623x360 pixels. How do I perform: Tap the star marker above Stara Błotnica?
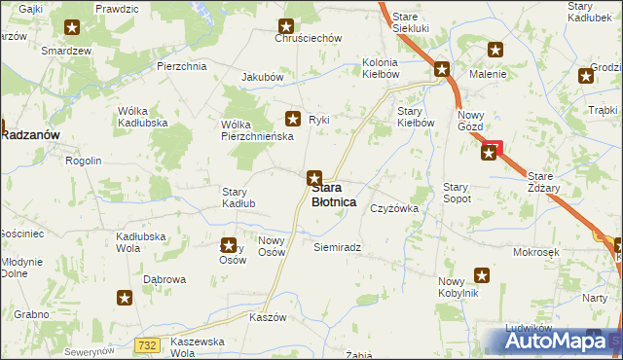[313, 178]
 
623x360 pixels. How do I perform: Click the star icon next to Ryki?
[292, 119]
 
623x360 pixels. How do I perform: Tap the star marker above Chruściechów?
[286, 27]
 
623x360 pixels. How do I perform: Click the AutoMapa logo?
[563, 342]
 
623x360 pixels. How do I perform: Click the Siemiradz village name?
[338, 247]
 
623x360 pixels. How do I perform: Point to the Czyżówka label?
[393, 208]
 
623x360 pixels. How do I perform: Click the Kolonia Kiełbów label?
[381, 67]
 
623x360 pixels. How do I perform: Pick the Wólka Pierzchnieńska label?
[248, 130]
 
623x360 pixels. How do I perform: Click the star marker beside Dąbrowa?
[124, 299]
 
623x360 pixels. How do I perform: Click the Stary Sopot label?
[457, 192]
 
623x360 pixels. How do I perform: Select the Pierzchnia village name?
[181, 66]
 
